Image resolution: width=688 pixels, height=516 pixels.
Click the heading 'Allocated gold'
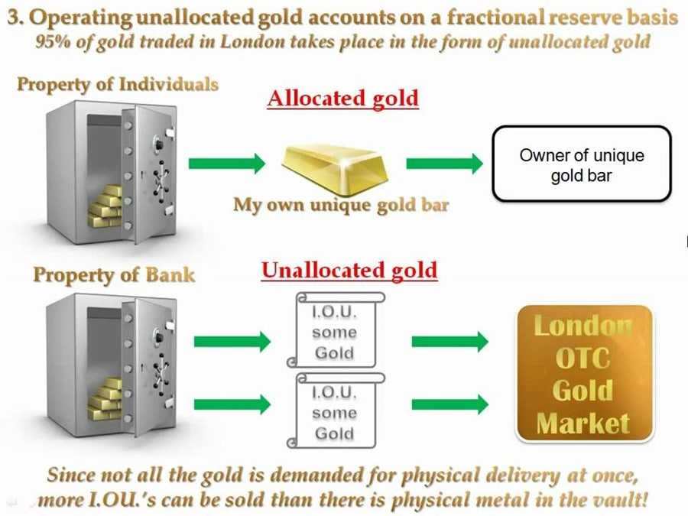[x=342, y=98]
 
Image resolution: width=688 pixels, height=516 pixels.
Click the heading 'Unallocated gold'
[x=349, y=270]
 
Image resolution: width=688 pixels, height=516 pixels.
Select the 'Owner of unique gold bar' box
[x=581, y=165]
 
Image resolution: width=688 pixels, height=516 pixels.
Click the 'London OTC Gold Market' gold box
[x=585, y=374]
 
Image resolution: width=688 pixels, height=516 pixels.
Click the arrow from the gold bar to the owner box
[x=444, y=163]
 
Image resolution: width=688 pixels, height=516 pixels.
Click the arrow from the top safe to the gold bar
[x=226, y=163]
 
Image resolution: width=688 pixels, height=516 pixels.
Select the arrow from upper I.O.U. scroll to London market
[x=449, y=341]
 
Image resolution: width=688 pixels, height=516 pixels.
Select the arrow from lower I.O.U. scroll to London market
[x=449, y=404]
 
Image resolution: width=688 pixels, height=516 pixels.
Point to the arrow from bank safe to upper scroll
[x=232, y=341]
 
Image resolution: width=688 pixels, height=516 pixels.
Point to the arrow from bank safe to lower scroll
[x=232, y=404]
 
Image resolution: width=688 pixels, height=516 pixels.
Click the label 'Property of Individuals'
[x=118, y=84]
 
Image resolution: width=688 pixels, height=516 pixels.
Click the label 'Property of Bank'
[x=114, y=274]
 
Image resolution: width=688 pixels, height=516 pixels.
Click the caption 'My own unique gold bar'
[x=340, y=205]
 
